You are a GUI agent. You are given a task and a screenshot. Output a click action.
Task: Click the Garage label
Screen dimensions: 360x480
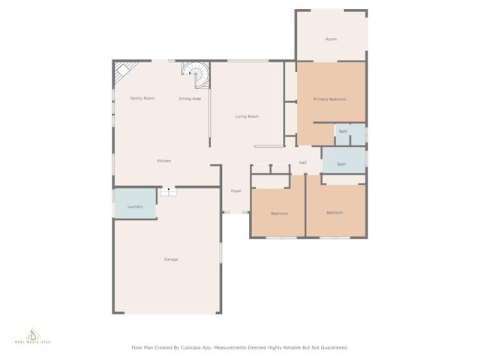tap(171, 259)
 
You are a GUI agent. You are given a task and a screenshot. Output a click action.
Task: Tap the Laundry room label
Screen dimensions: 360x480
tap(135, 206)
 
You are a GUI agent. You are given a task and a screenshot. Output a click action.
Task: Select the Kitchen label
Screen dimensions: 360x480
tap(164, 161)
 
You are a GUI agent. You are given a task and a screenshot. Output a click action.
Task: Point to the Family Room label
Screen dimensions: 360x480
tap(142, 98)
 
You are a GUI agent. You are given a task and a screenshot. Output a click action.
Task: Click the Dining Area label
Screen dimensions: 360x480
tap(190, 99)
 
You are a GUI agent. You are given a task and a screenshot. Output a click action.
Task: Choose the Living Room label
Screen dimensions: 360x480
tap(247, 116)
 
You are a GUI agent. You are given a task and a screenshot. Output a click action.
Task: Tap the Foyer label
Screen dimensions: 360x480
tap(236, 191)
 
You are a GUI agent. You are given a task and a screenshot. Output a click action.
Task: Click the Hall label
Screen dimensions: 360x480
tap(303, 163)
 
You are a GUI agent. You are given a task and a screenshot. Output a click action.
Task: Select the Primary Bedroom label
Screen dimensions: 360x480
tap(329, 99)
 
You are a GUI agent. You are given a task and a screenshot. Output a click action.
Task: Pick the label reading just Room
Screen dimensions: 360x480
tap(331, 39)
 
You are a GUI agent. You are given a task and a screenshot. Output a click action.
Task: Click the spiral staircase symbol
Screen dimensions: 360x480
tap(197, 74)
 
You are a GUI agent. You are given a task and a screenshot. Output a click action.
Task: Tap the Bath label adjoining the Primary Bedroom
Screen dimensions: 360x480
tap(343, 132)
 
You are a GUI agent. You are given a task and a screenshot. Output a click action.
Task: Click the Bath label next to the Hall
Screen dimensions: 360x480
tap(341, 164)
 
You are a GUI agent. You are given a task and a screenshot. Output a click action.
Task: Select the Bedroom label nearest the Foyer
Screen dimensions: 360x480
tap(279, 214)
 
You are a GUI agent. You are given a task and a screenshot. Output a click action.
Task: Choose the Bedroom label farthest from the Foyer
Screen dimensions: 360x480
tap(334, 213)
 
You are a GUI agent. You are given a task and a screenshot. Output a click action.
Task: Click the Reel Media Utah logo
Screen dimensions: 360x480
tap(32, 335)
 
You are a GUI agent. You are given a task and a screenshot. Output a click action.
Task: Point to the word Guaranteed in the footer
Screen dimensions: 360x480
tap(331, 347)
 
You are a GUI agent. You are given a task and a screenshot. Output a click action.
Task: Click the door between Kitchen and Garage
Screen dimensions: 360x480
tap(168, 191)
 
